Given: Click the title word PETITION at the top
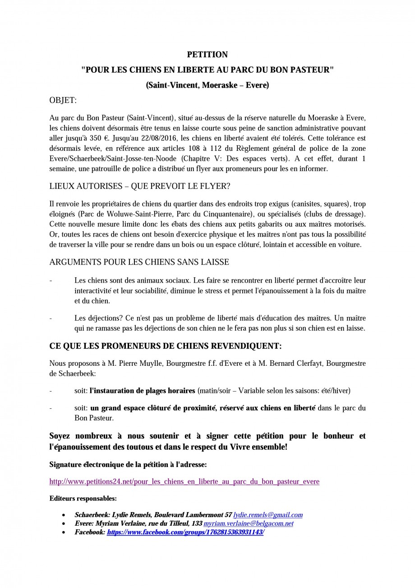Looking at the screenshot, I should (207, 55).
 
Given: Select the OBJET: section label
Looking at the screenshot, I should (63, 100).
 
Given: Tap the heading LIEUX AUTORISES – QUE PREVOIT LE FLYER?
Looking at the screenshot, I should (140, 187).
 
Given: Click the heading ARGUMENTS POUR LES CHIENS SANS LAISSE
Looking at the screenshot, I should (139, 262).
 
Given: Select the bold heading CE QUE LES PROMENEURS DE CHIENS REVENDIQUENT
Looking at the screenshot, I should (165, 346).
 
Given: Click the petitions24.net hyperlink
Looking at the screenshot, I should (184, 481).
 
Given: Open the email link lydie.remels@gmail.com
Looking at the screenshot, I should (268, 515).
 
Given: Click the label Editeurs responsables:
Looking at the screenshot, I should (83, 499).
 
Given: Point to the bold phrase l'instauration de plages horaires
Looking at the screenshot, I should (143, 390).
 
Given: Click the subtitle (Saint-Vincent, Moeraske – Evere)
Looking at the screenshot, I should (207, 85).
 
